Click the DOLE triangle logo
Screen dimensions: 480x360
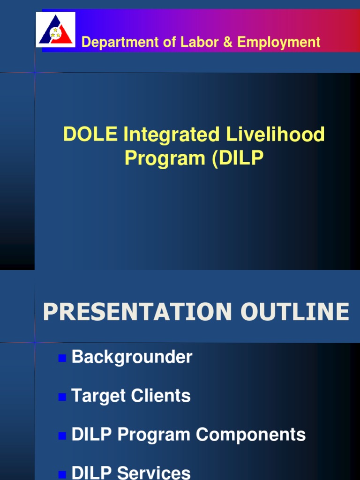[x=55, y=30]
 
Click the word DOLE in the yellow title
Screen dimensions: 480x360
[x=90, y=135]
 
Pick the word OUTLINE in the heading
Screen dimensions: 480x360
[x=294, y=312]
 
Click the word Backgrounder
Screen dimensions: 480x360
[x=132, y=357]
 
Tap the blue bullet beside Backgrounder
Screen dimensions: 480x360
[x=61, y=359]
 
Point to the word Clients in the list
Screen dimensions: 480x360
[x=161, y=396]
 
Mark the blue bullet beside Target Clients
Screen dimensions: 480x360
[x=61, y=397]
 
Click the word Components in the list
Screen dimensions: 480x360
[x=251, y=435]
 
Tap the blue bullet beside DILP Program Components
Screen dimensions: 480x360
[x=61, y=436]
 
